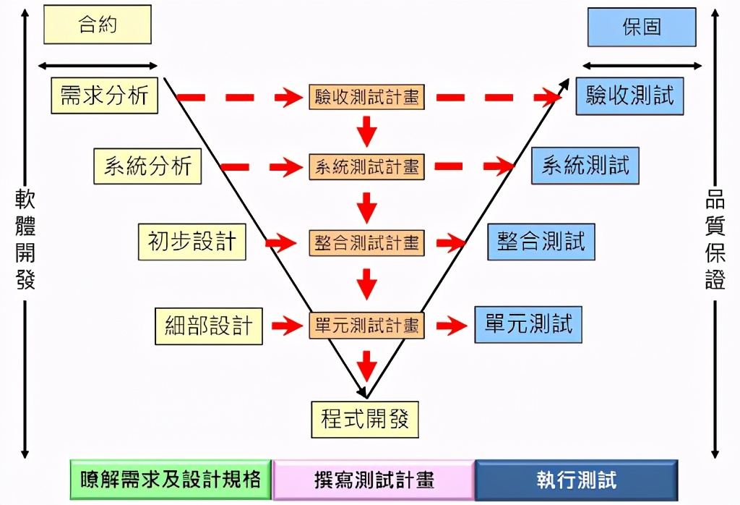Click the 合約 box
coord(98,25)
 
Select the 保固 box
coord(641,27)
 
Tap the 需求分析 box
coord(105,95)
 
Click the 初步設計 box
coord(192,241)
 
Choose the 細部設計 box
coord(209,326)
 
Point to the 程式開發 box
coord(365,418)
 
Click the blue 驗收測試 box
coord(629,96)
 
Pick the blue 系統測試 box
coord(585,166)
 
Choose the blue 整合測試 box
coord(541,241)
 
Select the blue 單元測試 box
coord(528,324)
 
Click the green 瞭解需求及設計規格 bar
coord(171,480)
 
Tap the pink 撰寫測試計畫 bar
coord(374,480)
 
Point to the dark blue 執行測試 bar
coord(576,480)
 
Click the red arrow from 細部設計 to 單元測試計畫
coord(286,326)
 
